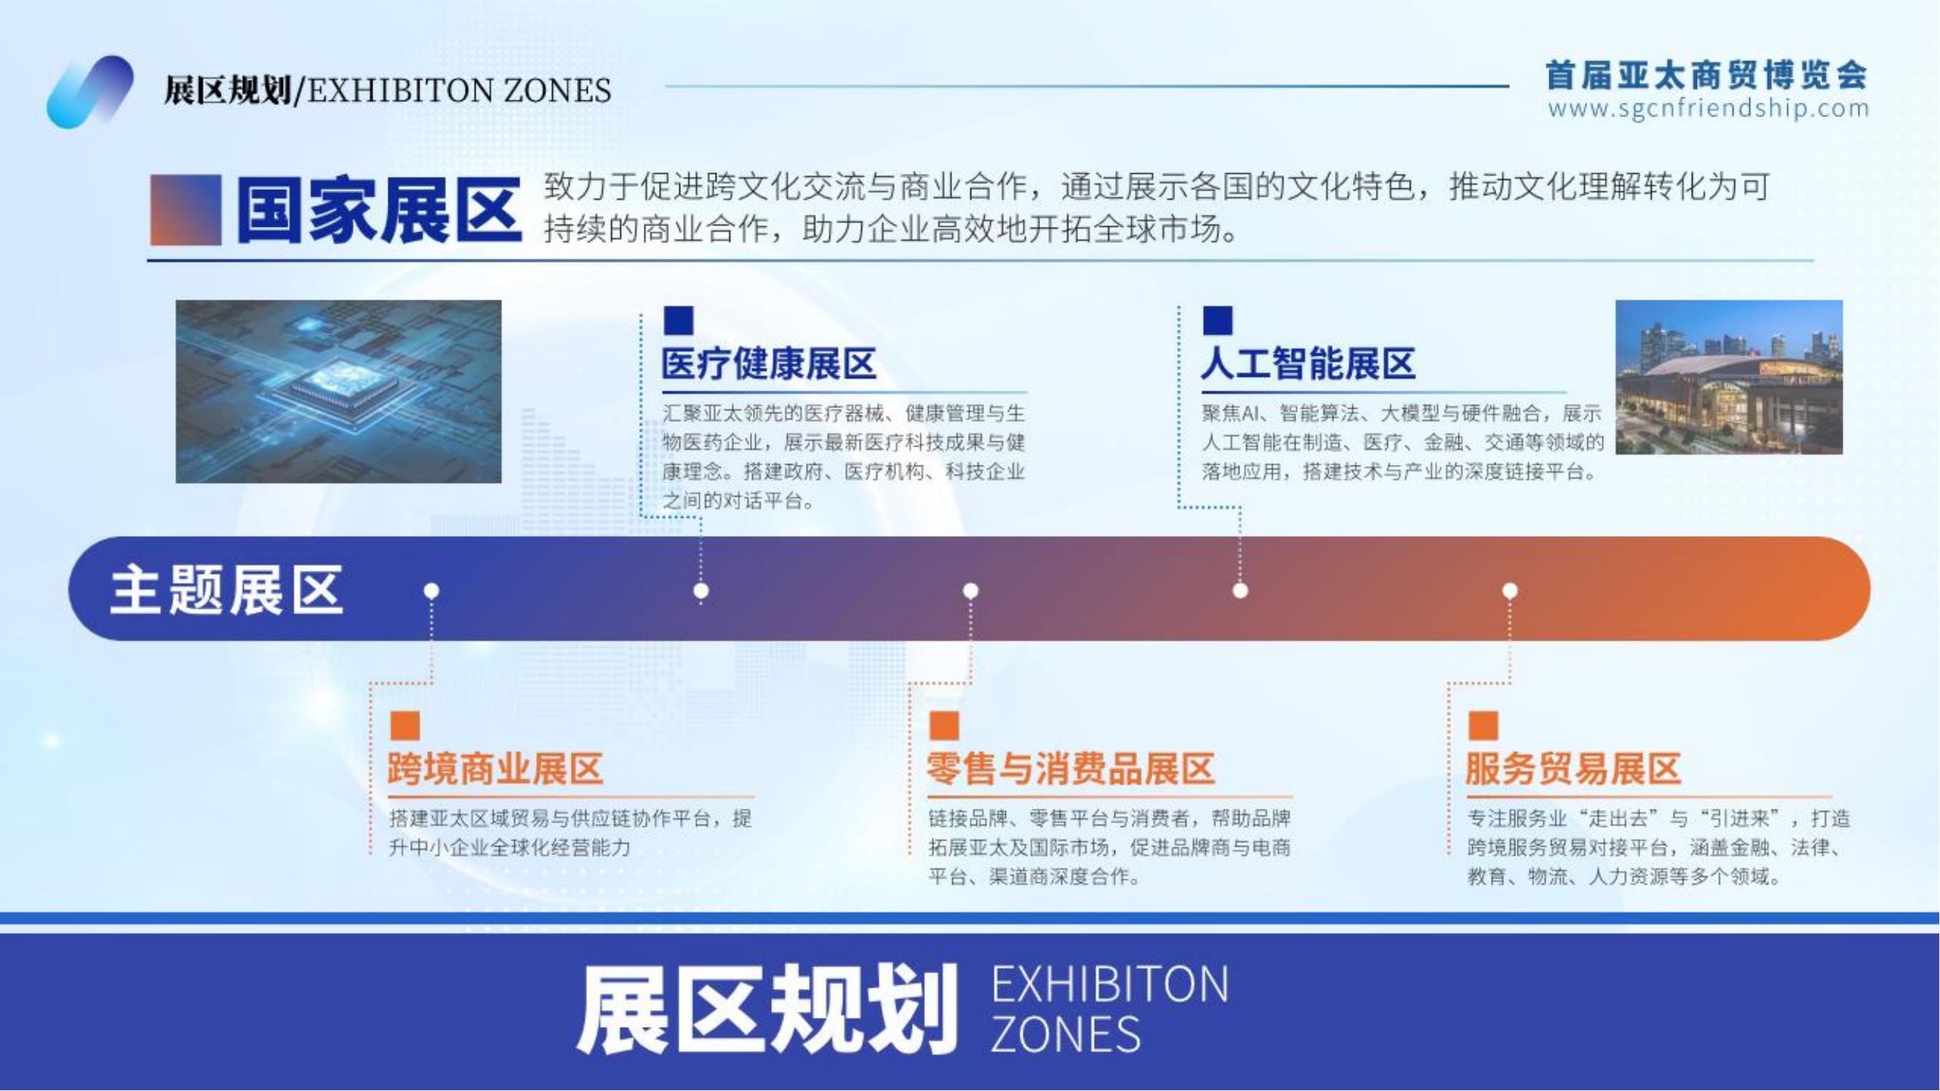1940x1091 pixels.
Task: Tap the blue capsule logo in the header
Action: [90, 92]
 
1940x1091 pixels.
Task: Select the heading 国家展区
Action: [379, 210]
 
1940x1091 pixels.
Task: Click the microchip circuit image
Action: [338, 391]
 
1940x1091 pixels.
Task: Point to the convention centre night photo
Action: [1729, 377]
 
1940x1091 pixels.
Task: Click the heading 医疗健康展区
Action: [769, 364]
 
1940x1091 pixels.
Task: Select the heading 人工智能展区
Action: [1308, 364]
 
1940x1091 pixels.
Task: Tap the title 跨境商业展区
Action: [495, 769]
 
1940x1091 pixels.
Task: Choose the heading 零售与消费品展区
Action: [1070, 769]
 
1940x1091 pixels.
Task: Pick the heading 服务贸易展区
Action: [1573, 769]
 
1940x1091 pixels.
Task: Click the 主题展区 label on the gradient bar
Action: [227, 591]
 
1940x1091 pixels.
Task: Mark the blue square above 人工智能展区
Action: [1218, 320]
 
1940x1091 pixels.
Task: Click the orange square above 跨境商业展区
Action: [405, 726]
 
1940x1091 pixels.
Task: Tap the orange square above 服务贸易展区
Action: [1484, 726]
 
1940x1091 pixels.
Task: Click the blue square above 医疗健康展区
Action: [679, 320]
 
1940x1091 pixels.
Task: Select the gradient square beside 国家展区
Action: [185, 210]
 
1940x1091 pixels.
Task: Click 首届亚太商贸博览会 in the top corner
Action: [1707, 74]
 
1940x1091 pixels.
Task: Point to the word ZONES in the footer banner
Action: [1065, 1034]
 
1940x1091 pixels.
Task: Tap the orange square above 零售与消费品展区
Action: [944, 726]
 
